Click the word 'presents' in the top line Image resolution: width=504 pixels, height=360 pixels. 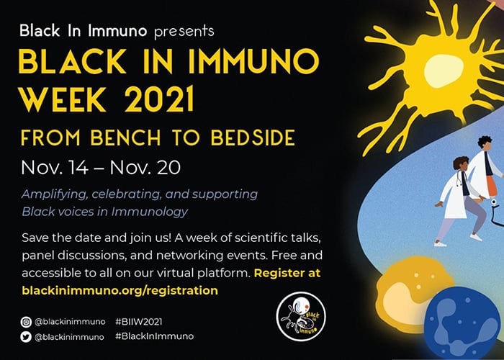184,32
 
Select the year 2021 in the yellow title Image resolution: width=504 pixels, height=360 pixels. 160,99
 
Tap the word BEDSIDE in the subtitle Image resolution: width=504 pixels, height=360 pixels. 253,138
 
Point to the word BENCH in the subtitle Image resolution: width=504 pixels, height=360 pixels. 126,138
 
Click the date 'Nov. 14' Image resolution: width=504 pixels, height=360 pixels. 55,168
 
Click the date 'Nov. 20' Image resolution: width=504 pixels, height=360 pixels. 145,168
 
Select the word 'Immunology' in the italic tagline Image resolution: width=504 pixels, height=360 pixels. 150,212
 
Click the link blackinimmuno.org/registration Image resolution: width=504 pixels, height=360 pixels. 120,291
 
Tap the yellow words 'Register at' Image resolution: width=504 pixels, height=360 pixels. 287,273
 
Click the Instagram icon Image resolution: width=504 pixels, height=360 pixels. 26,322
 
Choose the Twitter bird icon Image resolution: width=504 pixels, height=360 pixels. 26,337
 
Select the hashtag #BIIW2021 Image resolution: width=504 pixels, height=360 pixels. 139,322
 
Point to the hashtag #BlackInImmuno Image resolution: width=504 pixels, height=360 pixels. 155,336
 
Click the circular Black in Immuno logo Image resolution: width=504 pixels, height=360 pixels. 301,316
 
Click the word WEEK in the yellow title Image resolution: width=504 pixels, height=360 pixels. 62,99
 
